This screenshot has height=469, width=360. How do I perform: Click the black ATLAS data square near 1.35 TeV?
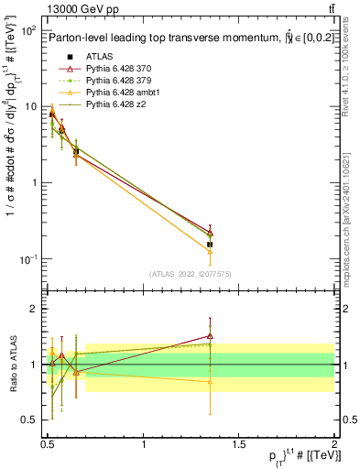click(210, 245)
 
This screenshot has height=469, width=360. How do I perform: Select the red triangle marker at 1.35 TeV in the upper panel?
click(210, 232)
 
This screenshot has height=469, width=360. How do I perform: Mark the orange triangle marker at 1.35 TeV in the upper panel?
click(210, 251)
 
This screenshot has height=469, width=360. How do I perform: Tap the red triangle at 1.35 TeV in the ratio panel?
click(210, 336)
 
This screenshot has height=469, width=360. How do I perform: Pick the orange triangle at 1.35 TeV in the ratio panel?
click(210, 381)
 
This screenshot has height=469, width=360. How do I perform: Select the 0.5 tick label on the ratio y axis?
click(34, 420)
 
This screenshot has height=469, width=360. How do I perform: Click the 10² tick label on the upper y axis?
click(29, 30)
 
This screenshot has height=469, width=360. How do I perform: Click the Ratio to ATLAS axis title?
click(12, 364)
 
